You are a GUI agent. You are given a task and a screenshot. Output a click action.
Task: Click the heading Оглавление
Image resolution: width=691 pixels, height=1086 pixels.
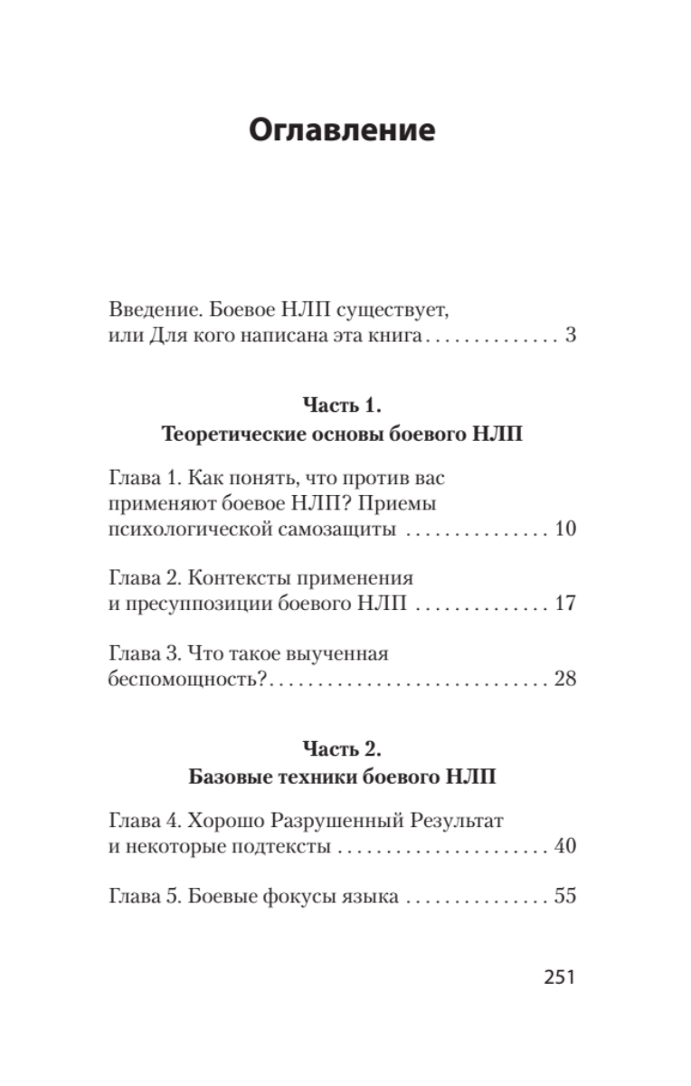(342, 130)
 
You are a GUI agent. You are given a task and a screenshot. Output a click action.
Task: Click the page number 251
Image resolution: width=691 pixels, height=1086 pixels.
(560, 977)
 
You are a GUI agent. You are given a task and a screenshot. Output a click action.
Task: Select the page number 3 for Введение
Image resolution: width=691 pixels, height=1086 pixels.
(570, 338)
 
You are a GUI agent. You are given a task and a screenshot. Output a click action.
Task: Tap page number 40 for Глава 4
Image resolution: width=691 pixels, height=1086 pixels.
(565, 848)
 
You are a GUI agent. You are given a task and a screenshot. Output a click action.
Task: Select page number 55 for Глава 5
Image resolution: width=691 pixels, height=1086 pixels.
(565, 898)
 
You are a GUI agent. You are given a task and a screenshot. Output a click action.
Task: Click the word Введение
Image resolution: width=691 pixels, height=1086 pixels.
(149, 309)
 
